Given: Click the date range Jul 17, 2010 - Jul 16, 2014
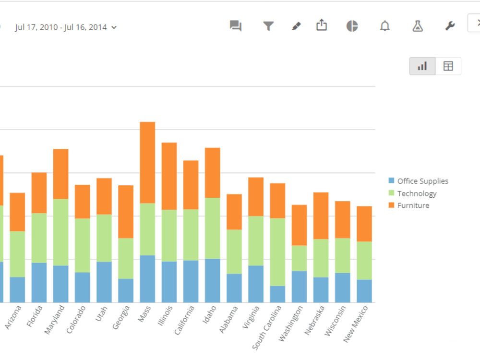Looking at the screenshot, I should coord(66,27).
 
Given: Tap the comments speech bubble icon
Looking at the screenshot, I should coord(235,26).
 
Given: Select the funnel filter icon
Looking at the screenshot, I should coord(268,26).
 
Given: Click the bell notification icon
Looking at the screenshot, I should coord(384,26).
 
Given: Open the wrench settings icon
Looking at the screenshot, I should coord(450,26).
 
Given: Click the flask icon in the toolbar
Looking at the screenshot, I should coord(418,26).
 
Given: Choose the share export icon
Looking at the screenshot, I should coord(322,25).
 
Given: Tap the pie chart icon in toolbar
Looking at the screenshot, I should coord(352,26).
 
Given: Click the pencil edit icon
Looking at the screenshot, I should coord(296,26).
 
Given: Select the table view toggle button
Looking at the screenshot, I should coord(448,66).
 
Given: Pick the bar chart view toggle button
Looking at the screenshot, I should coord(422,66).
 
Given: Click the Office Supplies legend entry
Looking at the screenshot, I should coord(422,181).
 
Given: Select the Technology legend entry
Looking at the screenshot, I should coord(417,193).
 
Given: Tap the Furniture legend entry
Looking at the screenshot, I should coord(413,205).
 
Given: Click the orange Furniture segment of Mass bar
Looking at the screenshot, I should coord(147,162).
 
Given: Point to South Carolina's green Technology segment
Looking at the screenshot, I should coord(277,252).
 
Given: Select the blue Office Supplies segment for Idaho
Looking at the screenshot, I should coord(213,280).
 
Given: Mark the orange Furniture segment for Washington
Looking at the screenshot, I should coord(300,225).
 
